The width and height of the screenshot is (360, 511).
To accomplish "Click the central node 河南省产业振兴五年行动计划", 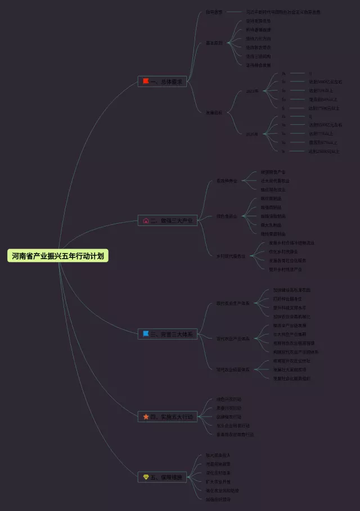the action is tap(58, 256).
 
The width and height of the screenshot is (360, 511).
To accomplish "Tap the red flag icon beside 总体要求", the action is tap(146, 82).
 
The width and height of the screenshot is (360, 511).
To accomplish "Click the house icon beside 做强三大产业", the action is tap(146, 220).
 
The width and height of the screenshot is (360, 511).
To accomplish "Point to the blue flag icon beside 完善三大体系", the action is tap(146, 334).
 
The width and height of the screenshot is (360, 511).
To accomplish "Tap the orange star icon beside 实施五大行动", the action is tap(146, 417).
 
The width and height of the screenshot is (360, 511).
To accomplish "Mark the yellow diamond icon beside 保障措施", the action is tap(146, 477).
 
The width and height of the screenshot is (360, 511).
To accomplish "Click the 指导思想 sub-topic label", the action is tap(214, 12).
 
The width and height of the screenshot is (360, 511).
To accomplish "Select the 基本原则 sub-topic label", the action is tap(214, 43).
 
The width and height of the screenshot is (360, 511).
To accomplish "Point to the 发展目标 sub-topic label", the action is tap(214, 112).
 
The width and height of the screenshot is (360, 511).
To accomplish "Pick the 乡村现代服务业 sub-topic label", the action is tap(231, 256).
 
